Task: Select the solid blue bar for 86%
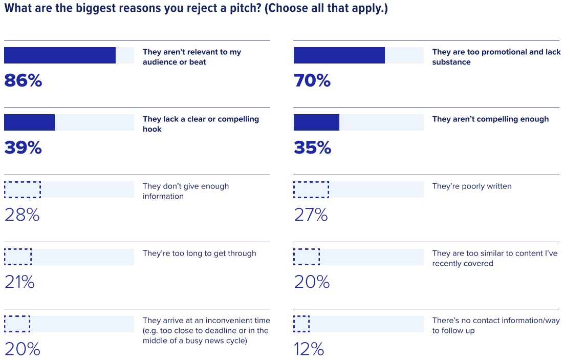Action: coord(60,55)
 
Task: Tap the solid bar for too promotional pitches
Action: coord(339,55)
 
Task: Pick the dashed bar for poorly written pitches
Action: coord(311,189)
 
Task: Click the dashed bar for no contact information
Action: coord(301,324)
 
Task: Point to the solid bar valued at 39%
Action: coord(29,122)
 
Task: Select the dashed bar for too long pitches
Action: coord(18,257)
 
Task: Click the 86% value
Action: coord(23,80)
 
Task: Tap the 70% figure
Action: coord(312,80)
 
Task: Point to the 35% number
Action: coord(312,147)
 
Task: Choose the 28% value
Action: coord(22,215)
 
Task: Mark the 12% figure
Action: coord(309,349)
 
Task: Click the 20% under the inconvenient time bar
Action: coord(23,349)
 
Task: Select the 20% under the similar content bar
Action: coord(312,282)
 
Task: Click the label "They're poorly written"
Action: coord(471,186)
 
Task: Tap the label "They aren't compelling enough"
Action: coord(490,119)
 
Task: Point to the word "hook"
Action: coord(152,130)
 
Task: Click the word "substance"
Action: coord(451,62)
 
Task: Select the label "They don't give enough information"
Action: coord(185,191)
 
